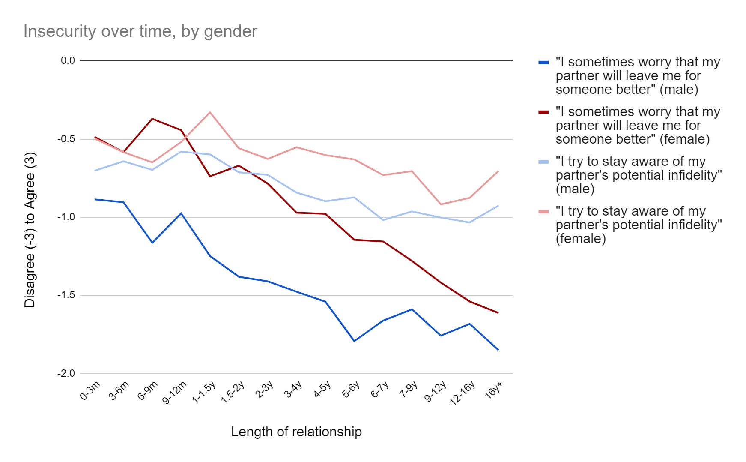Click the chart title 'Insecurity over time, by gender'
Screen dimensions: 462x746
[x=140, y=31]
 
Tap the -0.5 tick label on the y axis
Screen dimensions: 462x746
[x=66, y=139]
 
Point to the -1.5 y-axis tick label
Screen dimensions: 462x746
[x=66, y=295]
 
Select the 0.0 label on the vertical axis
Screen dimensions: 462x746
[x=68, y=60]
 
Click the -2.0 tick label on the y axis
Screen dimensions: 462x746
[x=66, y=373]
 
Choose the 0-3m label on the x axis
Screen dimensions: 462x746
[x=90, y=390]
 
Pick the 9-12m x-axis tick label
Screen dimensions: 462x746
[x=174, y=393]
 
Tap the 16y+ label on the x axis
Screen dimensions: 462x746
[x=493, y=390]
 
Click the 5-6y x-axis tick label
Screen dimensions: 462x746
[x=351, y=390]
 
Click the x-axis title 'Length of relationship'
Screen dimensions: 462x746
[x=296, y=432]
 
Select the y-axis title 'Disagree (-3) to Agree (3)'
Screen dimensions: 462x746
[x=30, y=230]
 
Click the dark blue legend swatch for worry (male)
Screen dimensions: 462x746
[x=543, y=63]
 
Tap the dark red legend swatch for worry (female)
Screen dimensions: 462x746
[x=543, y=112]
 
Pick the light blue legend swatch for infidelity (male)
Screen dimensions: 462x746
[x=543, y=162]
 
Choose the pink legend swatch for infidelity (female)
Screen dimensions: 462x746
[x=543, y=212]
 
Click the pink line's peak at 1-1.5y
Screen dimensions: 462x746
[x=210, y=112]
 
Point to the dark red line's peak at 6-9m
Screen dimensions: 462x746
[x=152, y=119]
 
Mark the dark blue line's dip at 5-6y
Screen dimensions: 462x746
[x=354, y=341]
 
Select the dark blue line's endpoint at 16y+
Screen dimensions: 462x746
[x=498, y=350]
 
